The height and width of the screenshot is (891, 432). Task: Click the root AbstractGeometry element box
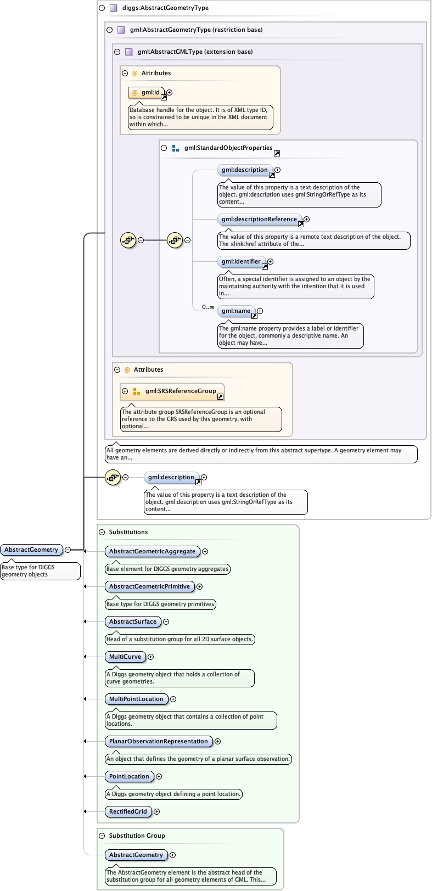click(x=32, y=550)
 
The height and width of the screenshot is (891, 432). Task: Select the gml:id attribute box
click(x=146, y=93)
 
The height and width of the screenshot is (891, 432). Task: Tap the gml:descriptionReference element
click(x=260, y=220)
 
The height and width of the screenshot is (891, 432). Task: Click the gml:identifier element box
click(x=242, y=262)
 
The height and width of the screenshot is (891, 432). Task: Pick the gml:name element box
click(x=236, y=311)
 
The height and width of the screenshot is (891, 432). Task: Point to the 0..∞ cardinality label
click(x=208, y=307)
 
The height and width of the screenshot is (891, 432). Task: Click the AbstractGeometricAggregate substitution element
click(x=152, y=551)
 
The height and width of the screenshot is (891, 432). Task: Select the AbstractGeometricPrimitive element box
click(x=149, y=586)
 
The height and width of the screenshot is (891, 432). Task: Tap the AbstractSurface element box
click(x=133, y=621)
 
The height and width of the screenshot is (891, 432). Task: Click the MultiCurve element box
click(x=125, y=657)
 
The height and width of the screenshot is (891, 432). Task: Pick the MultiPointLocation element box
click(x=136, y=699)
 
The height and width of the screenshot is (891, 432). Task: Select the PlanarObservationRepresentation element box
click(x=158, y=741)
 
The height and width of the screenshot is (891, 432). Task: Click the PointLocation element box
click(x=129, y=776)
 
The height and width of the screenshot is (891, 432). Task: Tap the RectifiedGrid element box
click(x=128, y=811)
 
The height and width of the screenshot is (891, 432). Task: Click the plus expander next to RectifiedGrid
click(x=157, y=811)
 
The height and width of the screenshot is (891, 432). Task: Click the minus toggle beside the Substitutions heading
click(x=102, y=532)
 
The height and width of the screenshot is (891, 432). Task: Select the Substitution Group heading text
click(x=137, y=836)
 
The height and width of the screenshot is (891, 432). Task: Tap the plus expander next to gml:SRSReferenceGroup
click(x=125, y=391)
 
